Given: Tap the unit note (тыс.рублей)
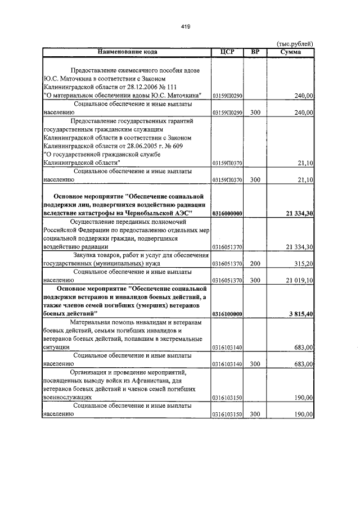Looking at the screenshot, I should coord(296,44).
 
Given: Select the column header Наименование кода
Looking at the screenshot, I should coord(127,52).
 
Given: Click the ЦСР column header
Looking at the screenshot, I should coord(227,52).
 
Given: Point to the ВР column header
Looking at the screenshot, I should coord(255,52).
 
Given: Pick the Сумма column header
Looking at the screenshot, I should coord(290,52).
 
